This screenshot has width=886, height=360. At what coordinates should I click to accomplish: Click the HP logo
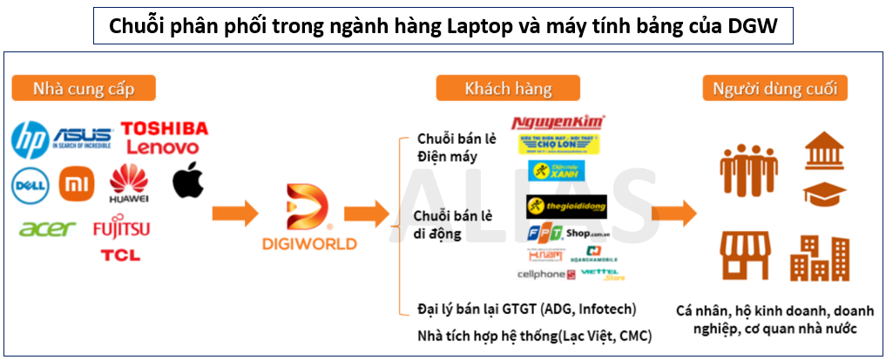[x=30, y=140]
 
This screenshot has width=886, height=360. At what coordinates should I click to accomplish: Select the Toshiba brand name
[x=165, y=129]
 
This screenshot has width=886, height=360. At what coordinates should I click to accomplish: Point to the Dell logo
[x=29, y=184]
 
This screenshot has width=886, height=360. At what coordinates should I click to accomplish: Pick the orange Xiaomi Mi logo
[x=76, y=184]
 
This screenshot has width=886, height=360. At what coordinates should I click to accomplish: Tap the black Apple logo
[x=187, y=180]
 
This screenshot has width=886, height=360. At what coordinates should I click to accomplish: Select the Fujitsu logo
[x=121, y=229]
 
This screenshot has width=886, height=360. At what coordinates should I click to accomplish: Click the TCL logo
[x=120, y=255]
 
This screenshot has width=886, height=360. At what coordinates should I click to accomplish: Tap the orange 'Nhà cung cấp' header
[x=83, y=88]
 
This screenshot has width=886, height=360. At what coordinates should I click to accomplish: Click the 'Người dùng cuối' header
[x=780, y=88]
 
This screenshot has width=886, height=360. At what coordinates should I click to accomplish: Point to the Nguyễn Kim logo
[x=558, y=123]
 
